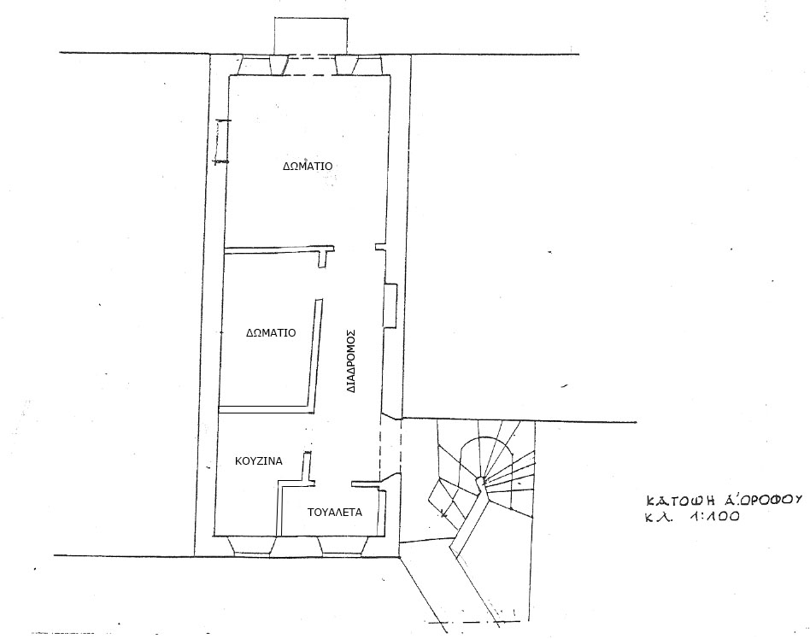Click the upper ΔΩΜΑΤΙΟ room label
coord(308,167)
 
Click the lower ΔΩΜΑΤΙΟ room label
coord(271,332)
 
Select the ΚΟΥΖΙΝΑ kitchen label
coord(259,460)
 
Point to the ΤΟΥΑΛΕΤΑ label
coord(335,513)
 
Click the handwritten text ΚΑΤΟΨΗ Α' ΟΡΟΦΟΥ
coord(724,500)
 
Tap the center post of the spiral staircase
coord(481,482)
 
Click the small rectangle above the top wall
coord(309,36)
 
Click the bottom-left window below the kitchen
coord(252,546)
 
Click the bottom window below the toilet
coord(343,546)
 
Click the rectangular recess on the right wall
coord(390,305)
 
